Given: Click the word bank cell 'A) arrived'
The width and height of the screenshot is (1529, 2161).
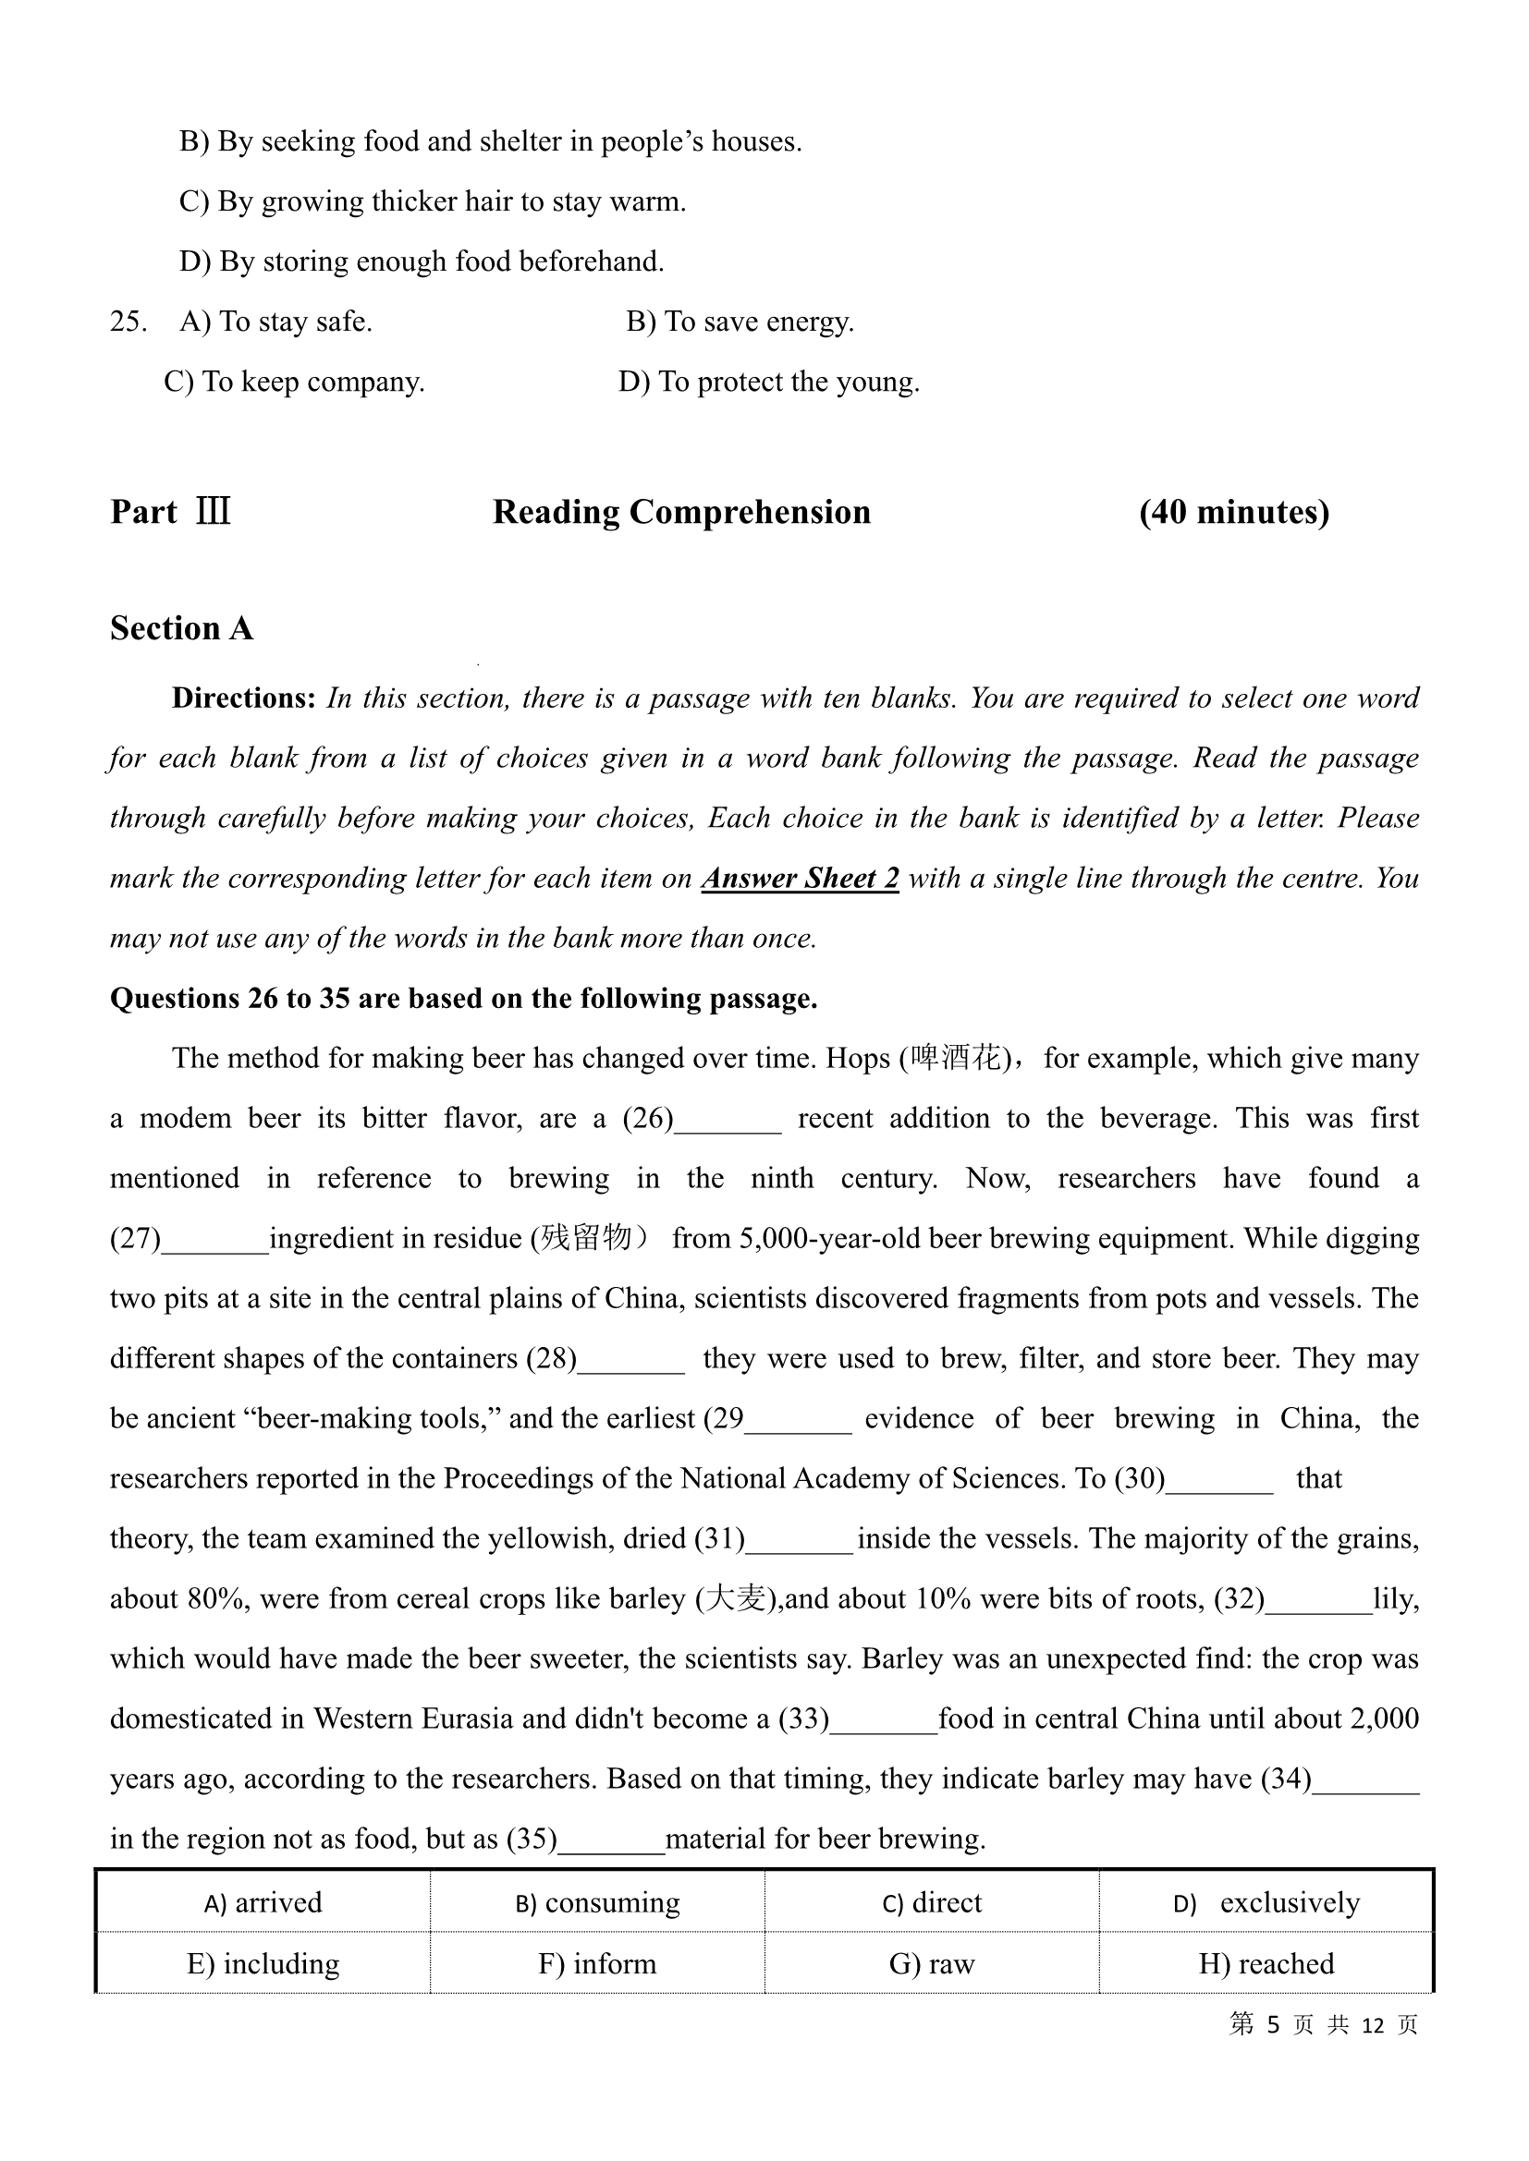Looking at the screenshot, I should click(263, 1902).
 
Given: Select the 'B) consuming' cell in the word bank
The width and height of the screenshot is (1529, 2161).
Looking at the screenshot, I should click(597, 1902).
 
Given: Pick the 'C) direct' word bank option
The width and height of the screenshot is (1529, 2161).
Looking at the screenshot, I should click(931, 1902).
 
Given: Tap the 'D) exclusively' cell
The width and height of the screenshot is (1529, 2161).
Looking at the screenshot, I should click(1266, 1902).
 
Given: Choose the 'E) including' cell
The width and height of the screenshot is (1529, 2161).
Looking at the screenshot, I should click(263, 1963).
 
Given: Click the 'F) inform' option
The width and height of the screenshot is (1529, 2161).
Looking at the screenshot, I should click(597, 1963).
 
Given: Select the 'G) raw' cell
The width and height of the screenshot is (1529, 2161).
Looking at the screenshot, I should click(931, 1963).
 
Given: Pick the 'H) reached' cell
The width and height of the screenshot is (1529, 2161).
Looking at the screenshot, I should click(1266, 1963).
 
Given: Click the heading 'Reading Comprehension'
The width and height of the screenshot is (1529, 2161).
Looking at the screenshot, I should click(681, 512).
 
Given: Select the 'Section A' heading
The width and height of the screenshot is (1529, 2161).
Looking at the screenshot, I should click(181, 627).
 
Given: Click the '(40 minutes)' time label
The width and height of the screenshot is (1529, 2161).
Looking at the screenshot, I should click(1233, 512).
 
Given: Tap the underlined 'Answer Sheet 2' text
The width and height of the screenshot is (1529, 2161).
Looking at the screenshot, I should click(801, 877).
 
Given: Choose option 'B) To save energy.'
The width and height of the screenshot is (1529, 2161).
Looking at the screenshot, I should click(740, 322).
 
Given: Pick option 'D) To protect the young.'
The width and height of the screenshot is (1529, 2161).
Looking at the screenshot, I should click(768, 382).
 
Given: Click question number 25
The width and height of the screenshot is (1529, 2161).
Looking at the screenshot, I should click(128, 322).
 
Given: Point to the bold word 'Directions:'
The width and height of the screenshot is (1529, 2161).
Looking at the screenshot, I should click(243, 698).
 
